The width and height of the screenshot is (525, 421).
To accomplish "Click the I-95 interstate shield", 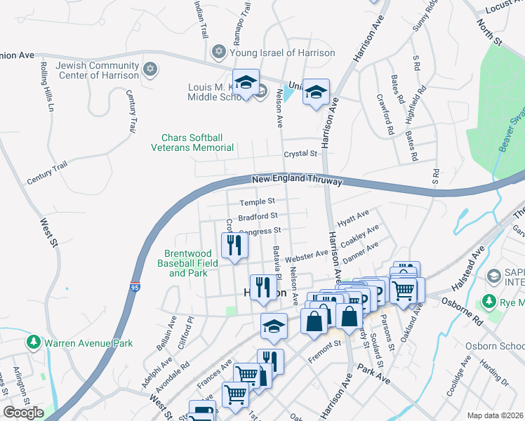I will tap(134, 284).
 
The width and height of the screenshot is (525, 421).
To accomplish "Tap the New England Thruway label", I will tap(297, 180).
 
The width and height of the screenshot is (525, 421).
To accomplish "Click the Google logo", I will tap(23, 413).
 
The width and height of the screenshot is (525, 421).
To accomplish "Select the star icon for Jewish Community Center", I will tap(149, 69).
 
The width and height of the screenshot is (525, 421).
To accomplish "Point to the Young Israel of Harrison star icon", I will tap(218, 53).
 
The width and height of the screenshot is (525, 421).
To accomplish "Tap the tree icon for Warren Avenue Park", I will tap(32, 343).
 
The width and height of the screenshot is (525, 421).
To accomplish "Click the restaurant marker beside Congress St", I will tap(234, 245).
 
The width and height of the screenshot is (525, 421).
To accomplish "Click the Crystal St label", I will tap(300, 154).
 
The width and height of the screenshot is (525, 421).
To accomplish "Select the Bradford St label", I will tap(258, 216).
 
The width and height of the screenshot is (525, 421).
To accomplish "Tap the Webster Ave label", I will tap(306, 254).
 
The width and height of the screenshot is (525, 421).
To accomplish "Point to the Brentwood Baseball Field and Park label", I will tap(192, 263).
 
